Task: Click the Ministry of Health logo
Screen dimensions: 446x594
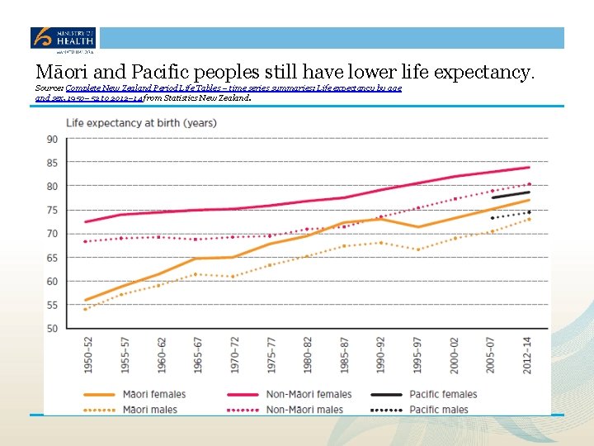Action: pos(63,38)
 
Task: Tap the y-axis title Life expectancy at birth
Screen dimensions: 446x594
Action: pos(141,123)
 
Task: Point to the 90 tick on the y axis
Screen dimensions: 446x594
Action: pos(52,139)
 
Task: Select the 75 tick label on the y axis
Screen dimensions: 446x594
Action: pos(52,211)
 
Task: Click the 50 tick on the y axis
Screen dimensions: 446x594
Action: pos(52,329)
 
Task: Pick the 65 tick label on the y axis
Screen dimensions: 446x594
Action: pos(52,258)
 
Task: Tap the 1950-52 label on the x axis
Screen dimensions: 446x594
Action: pos(87,353)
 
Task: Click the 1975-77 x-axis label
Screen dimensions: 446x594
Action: pos(270,353)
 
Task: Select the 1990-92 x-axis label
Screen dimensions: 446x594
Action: pos(380,353)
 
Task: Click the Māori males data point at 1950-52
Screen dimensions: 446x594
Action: pos(86,309)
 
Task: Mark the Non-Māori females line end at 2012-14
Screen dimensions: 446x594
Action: pos(528,168)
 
